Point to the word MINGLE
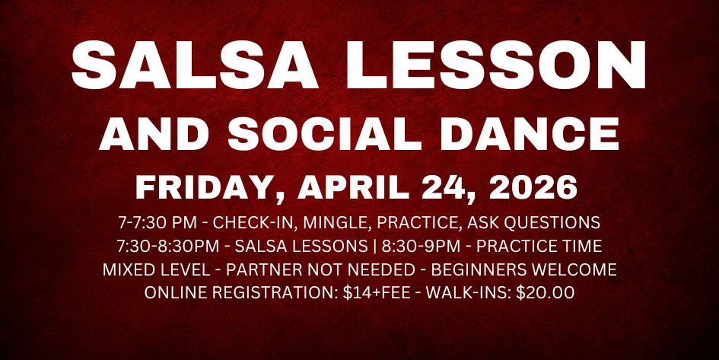click(x=342, y=224)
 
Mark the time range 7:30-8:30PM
click(x=165, y=247)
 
